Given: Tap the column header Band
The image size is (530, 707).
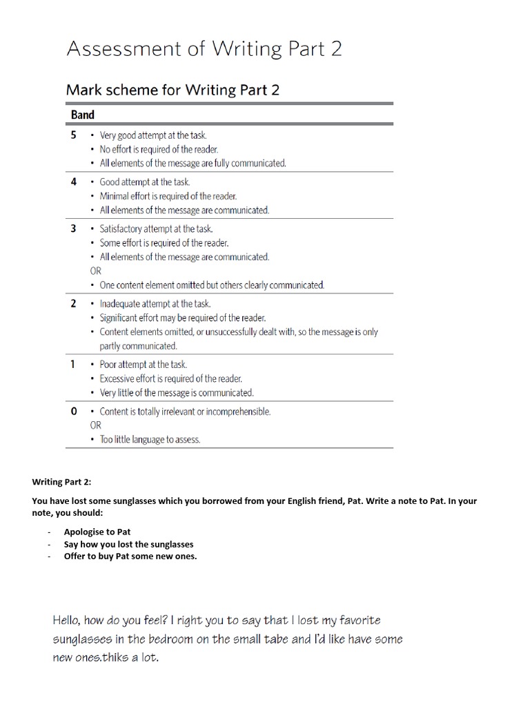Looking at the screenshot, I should (83, 115).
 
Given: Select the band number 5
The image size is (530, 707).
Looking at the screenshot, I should (74, 135).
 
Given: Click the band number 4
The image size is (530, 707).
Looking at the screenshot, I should (74, 182).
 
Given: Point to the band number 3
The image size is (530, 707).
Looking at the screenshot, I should (74, 229).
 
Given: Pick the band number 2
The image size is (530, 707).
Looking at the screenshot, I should (74, 303).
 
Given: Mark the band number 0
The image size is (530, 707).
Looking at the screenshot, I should (74, 411).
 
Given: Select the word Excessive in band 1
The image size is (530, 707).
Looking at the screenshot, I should (118, 378).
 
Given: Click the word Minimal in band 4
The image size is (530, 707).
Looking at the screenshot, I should (115, 196).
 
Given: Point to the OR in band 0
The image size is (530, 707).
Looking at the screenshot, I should (95, 425).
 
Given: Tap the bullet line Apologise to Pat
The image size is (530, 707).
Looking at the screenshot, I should (97, 532).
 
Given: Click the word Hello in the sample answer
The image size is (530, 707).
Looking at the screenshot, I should (70, 621).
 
